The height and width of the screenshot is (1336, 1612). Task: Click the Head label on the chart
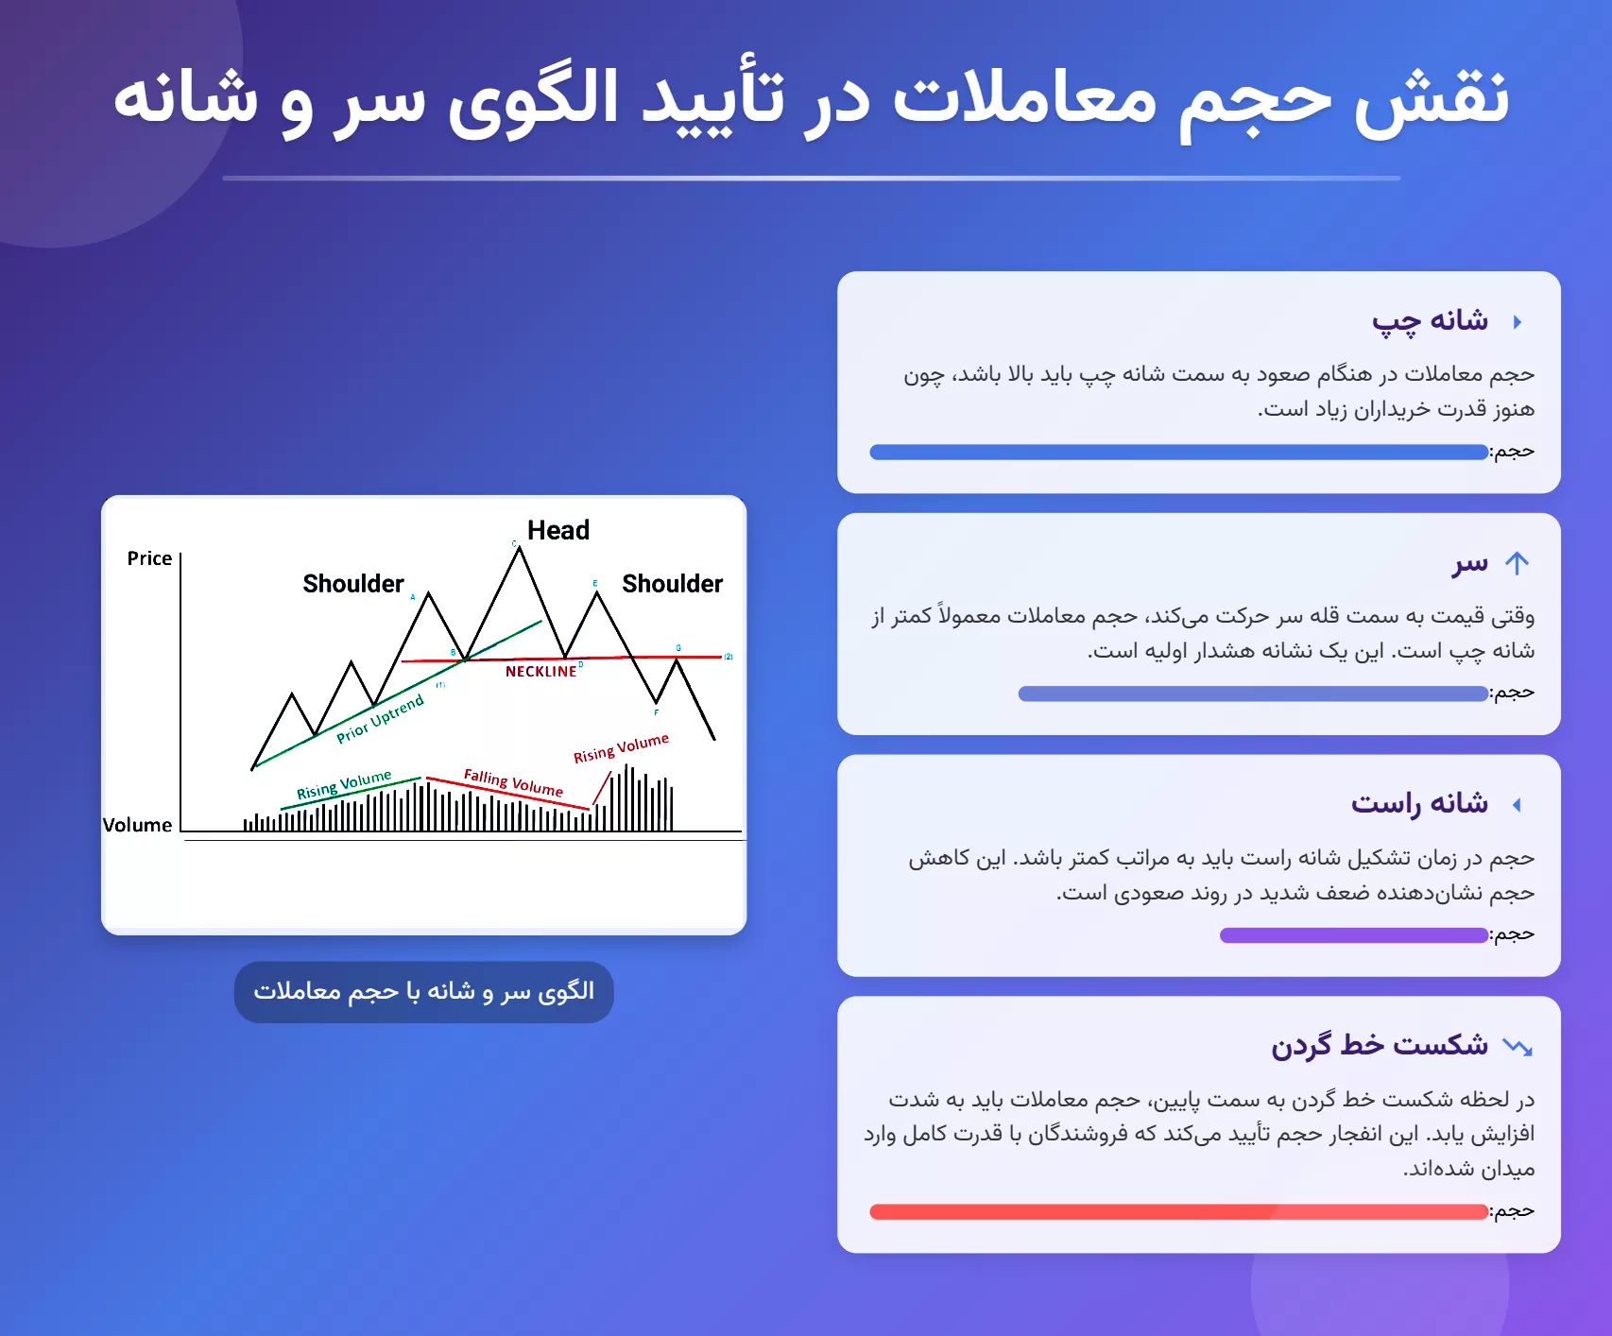557,530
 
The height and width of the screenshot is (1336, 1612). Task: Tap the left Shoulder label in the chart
352,584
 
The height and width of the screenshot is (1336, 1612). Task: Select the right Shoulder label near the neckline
672,584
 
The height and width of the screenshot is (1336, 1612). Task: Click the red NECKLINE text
540,672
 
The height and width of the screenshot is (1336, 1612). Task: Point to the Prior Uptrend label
380,719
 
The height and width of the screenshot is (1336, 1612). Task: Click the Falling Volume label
513,782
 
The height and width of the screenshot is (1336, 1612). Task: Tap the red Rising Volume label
621,747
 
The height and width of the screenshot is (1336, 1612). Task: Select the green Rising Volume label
344,784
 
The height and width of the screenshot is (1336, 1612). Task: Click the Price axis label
149,558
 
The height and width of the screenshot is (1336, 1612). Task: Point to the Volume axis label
137,825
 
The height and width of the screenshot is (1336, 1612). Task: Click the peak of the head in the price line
519,549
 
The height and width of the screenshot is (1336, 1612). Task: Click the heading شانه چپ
1430,321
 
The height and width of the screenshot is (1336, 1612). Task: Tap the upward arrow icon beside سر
1517,564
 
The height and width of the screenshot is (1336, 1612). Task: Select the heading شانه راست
1419,804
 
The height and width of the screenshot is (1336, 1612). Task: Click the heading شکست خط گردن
1380,1045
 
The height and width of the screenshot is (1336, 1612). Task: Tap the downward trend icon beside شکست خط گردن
1518,1046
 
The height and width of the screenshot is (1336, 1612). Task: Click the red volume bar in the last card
1178,1212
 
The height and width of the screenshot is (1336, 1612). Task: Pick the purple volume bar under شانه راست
1353,935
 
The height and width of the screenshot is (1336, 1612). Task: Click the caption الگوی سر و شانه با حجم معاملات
423,991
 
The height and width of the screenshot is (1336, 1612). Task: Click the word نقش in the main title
1433,98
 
